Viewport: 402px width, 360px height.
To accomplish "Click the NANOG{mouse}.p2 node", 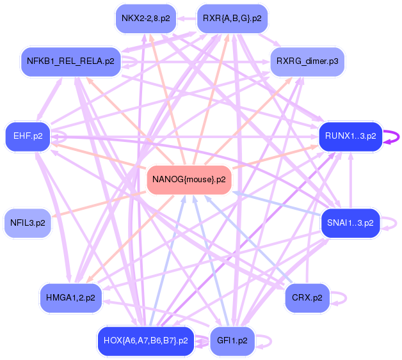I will pos(189,179).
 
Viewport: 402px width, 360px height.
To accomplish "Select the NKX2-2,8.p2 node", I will pos(145,18).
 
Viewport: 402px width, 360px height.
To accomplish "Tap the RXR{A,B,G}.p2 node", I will pos(232,18).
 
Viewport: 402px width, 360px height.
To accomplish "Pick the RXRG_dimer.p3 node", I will pos(307,61).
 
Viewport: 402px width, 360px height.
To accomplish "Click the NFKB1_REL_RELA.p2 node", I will pos(70,61).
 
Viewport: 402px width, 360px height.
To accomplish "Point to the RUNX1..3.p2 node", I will pos(350,136).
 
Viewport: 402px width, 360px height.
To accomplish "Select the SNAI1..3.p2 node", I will pos(350,223).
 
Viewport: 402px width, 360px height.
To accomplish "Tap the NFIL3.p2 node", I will pos(28,223).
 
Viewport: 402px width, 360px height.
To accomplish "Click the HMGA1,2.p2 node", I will pos(70,297).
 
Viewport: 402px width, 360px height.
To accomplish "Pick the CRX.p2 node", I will pos(307,297).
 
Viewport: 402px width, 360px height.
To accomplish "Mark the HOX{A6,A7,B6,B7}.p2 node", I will pos(145,340).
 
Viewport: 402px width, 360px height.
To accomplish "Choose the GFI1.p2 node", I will pos(232,340).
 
